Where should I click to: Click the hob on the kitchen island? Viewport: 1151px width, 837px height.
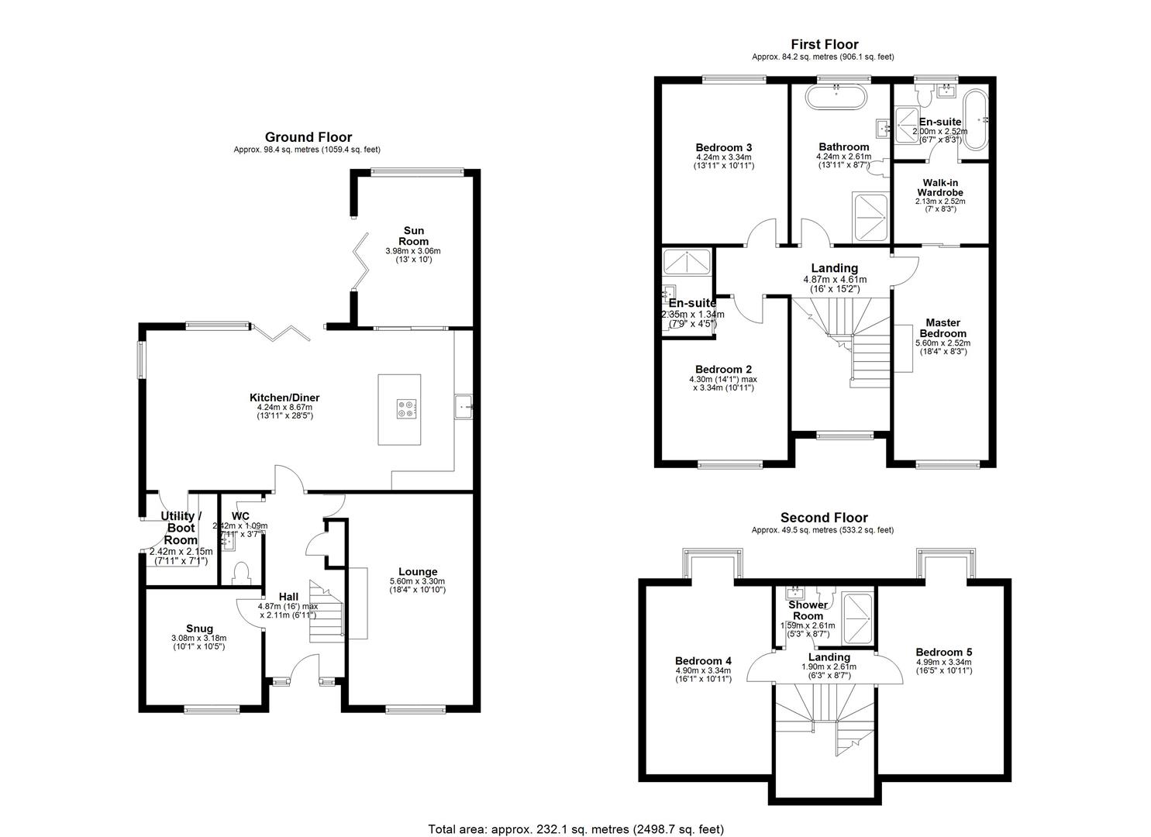coord(406,408)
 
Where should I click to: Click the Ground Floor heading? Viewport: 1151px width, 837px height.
coord(308,137)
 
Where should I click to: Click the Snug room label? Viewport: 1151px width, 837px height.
coord(198,629)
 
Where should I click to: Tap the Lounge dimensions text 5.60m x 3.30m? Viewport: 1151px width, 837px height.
coord(418,581)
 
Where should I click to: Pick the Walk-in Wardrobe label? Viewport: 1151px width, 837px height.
coord(940,187)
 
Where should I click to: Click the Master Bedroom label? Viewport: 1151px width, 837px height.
coord(943,328)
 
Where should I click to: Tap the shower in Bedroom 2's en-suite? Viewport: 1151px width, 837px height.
coord(687,262)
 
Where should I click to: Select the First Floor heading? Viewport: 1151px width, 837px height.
coord(824,44)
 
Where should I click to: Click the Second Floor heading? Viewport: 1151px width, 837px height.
coord(823,518)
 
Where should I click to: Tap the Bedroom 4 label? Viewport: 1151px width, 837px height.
coord(703,661)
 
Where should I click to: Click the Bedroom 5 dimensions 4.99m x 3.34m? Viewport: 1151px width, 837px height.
coord(943,663)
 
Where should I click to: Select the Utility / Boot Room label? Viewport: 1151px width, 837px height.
coord(181,528)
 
